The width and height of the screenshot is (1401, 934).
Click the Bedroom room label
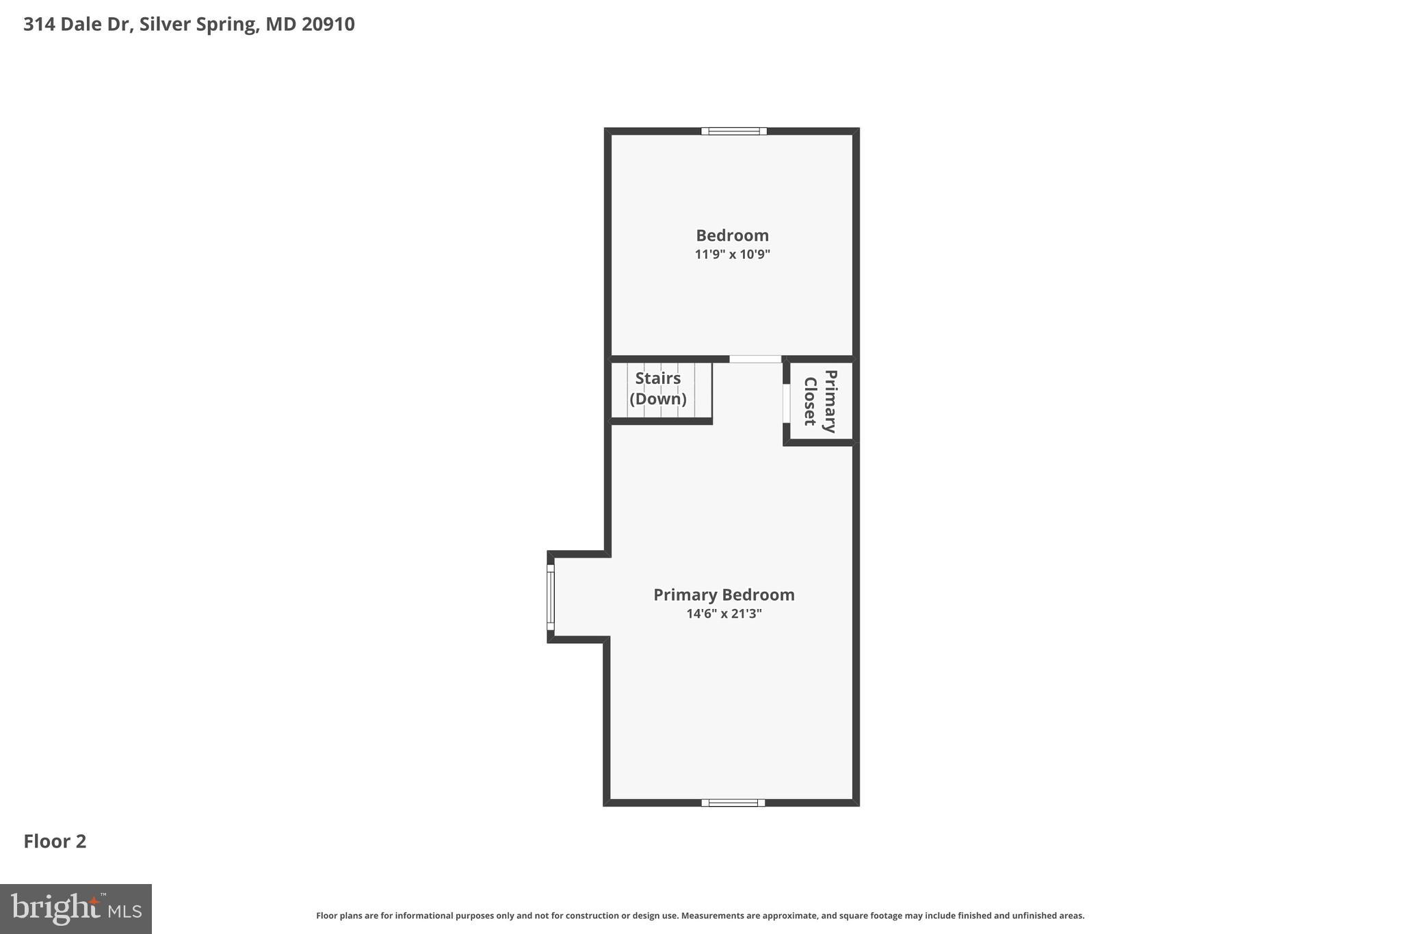[x=732, y=235]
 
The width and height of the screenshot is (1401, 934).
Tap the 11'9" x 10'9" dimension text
[x=732, y=255]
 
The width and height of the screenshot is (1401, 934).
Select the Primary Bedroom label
[x=724, y=595]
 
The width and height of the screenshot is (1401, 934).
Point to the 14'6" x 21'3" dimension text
[x=724, y=614]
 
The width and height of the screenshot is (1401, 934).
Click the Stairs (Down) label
[x=658, y=388]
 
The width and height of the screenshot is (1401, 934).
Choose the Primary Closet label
[x=820, y=402]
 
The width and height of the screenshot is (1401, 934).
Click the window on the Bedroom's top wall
[x=733, y=131]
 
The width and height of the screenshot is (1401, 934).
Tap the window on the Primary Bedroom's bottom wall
[x=733, y=803]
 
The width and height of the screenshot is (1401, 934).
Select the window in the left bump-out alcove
[x=551, y=597]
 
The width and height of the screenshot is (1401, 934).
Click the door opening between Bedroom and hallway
[x=755, y=359]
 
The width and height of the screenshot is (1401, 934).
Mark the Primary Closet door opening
[x=787, y=404]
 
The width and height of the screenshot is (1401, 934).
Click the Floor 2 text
[x=55, y=842]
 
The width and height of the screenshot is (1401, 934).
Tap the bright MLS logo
[x=76, y=909]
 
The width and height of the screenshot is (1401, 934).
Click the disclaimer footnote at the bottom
[x=700, y=916]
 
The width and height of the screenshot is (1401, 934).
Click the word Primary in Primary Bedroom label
[x=685, y=595]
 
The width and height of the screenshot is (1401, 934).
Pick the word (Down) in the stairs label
[x=658, y=399]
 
